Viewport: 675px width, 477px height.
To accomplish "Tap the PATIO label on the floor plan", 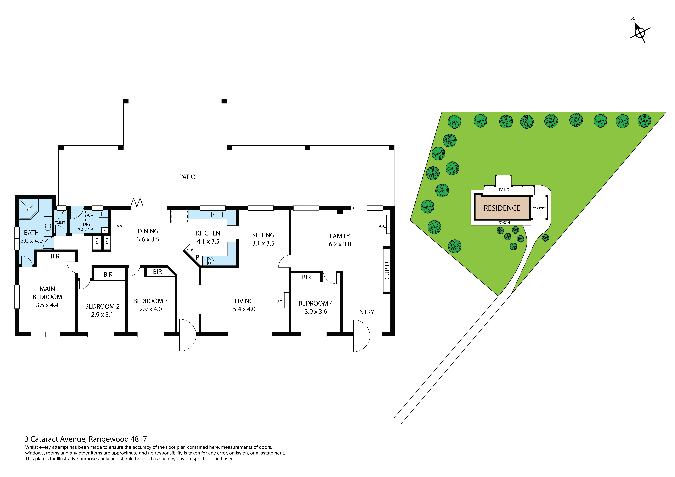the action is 187,177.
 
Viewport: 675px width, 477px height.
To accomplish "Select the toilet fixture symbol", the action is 61,216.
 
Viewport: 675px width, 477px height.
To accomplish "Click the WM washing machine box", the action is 90,216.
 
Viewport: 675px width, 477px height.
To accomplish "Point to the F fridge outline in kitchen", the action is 179,216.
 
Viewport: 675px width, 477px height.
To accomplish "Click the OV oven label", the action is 190,250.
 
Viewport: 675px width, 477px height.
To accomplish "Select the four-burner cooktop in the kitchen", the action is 211,261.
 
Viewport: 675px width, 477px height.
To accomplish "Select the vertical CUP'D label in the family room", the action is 387,270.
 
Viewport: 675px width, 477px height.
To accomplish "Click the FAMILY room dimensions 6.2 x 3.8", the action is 340,244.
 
